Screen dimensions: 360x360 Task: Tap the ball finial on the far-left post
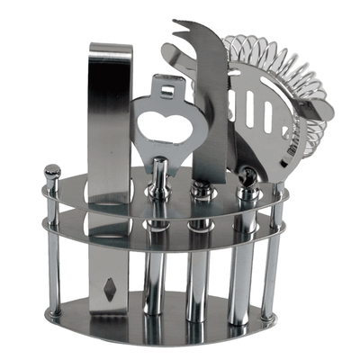click(x=52, y=169)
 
